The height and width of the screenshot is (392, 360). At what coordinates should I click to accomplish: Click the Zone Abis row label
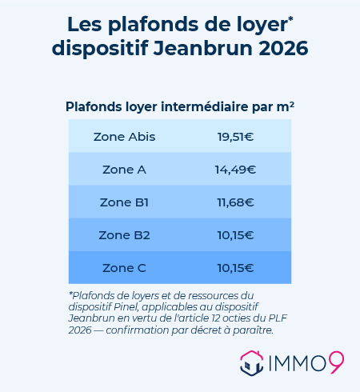(124, 137)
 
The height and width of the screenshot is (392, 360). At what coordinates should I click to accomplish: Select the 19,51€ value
(235, 137)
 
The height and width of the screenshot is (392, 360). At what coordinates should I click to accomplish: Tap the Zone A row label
(124, 170)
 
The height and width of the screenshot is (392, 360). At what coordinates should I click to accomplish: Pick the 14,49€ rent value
(235, 170)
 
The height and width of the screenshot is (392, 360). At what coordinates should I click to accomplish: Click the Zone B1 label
(124, 202)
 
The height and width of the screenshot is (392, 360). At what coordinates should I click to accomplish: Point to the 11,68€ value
(235, 202)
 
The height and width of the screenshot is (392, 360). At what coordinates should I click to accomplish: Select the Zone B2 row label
(124, 235)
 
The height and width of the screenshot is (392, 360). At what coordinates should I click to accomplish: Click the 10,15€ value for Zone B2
(235, 235)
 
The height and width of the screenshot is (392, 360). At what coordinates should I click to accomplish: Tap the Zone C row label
(124, 267)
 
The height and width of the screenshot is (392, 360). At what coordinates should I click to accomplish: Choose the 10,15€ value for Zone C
(235, 267)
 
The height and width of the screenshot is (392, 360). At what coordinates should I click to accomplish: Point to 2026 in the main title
(283, 48)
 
